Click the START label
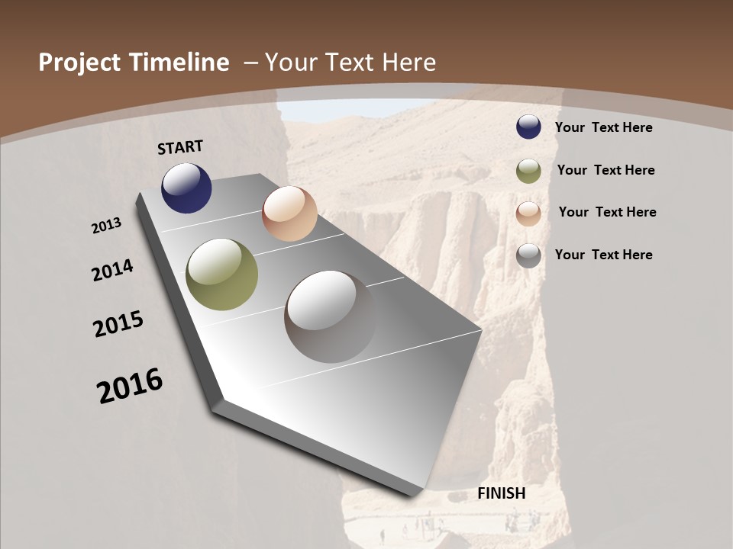(x=180, y=147)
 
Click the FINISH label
(x=502, y=493)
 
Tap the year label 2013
(x=107, y=226)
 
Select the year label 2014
(x=113, y=271)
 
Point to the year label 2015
(x=118, y=324)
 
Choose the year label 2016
(x=130, y=386)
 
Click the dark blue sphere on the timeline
(x=186, y=188)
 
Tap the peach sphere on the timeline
(x=289, y=213)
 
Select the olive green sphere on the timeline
(x=221, y=274)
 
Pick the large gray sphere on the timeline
(x=330, y=316)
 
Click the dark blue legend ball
(x=528, y=127)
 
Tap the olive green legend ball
(x=528, y=171)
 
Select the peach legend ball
(x=528, y=213)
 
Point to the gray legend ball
(x=528, y=255)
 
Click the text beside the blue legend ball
(x=604, y=127)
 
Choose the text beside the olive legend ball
(x=606, y=170)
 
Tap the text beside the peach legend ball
(x=608, y=212)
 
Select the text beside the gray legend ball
(x=604, y=255)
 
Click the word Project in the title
(x=79, y=63)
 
